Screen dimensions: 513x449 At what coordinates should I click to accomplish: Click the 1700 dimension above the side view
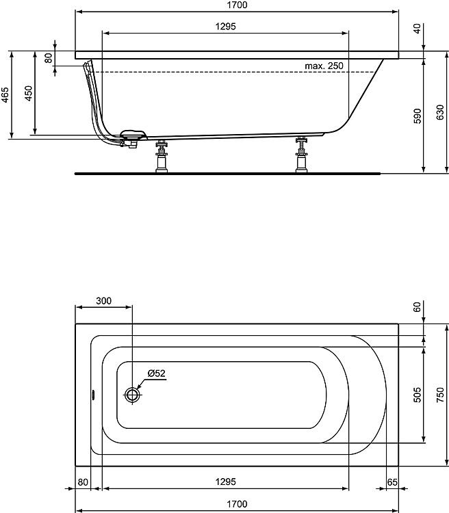(x=236, y=5)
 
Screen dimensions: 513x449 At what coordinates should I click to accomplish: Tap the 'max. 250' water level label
(x=324, y=66)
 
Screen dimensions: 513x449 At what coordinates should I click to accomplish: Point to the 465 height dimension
(x=5, y=94)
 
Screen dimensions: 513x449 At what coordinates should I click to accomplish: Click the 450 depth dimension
(x=28, y=94)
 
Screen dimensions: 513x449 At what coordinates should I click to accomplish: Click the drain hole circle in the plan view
(x=132, y=395)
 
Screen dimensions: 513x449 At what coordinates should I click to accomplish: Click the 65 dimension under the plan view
(x=392, y=482)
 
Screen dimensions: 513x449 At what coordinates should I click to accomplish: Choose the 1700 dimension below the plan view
(x=236, y=504)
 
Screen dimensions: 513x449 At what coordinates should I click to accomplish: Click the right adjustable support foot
(x=300, y=157)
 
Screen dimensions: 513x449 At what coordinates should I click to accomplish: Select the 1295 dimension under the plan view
(x=225, y=482)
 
